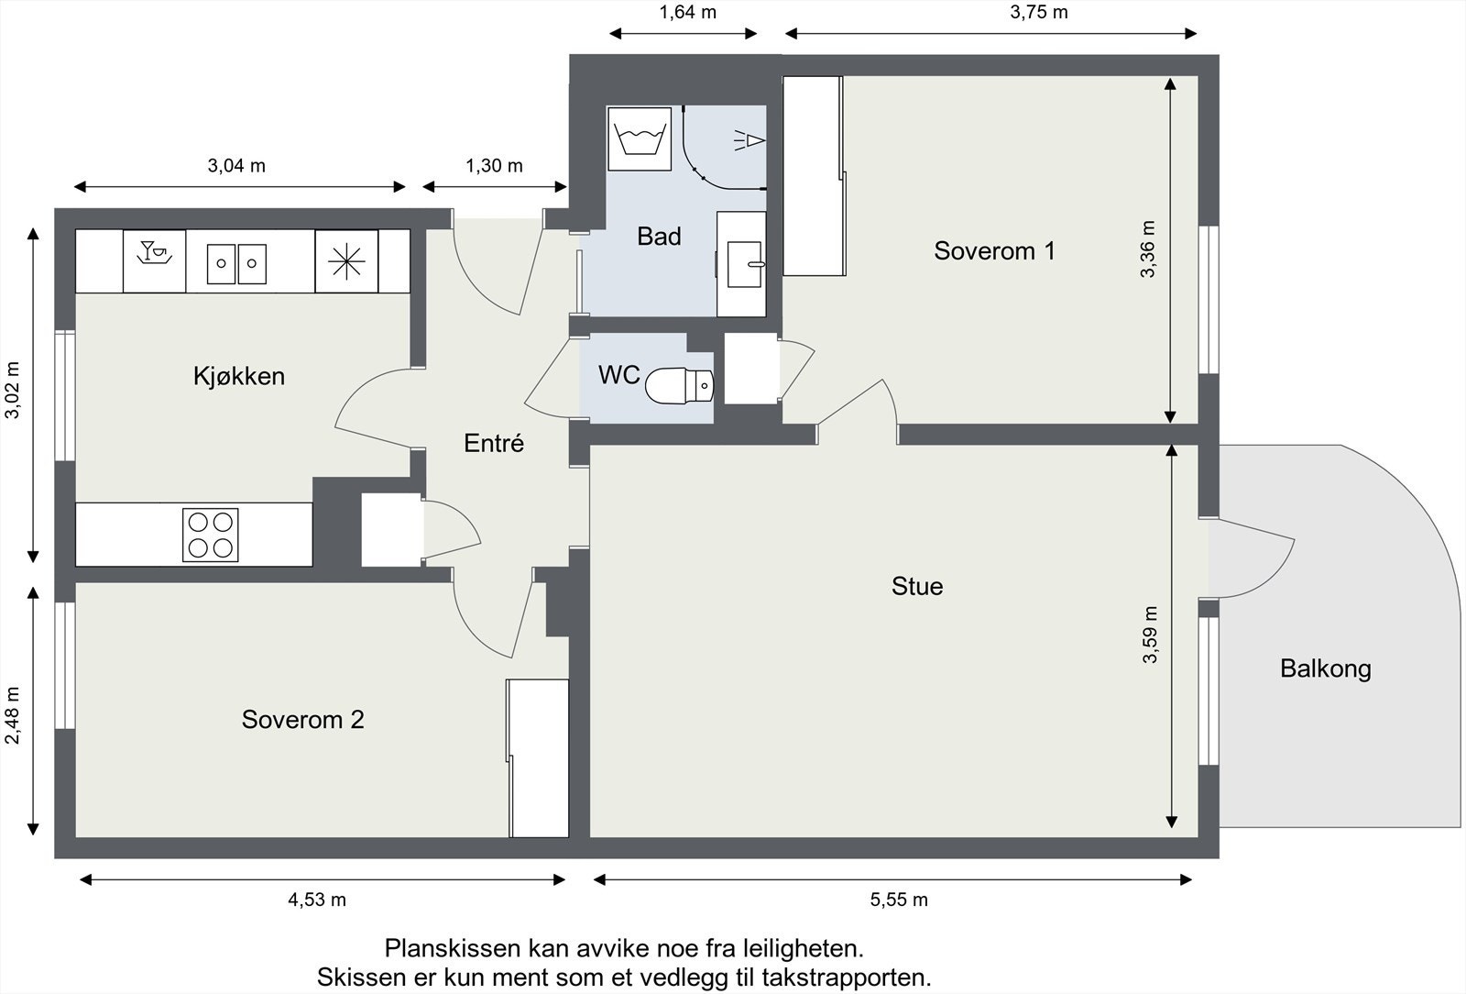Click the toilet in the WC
click(x=679, y=386)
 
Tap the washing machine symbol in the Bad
click(x=640, y=138)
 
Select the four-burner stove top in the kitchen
click(x=210, y=535)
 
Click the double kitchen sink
click(x=237, y=263)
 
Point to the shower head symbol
click(x=749, y=140)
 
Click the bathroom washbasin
click(x=746, y=264)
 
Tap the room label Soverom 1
click(x=994, y=250)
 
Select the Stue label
click(x=917, y=586)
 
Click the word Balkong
click(x=1325, y=669)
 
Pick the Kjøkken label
click(x=239, y=376)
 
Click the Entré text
click(x=494, y=443)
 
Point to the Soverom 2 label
click(x=302, y=720)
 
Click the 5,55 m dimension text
click(x=899, y=900)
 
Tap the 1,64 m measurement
click(x=687, y=12)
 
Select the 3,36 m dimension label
click(x=1148, y=248)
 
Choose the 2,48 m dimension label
click(x=13, y=715)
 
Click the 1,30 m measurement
click(x=494, y=166)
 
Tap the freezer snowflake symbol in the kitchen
click(x=346, y=261)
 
